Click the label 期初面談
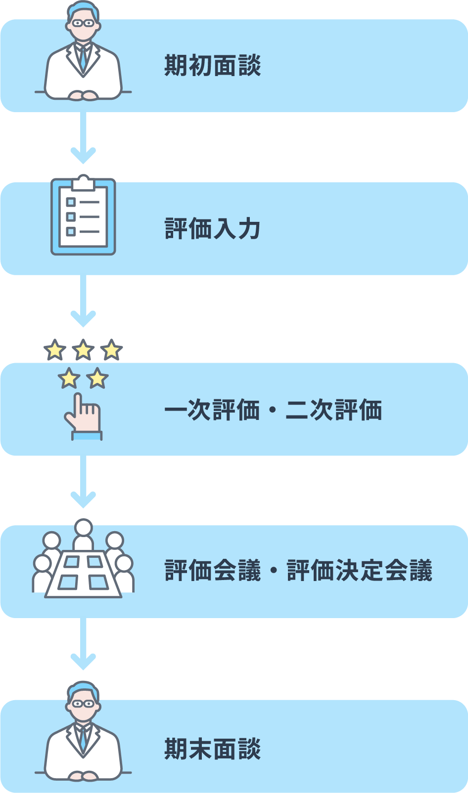[x=213, y=66]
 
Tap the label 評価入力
[x=213, y=229]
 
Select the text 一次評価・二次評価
[x=273, y=410]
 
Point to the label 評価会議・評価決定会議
[x=298, y=571]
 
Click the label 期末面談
[x=213, y=749]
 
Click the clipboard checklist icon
[x=83, y=217]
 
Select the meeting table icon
[x=83, y=576]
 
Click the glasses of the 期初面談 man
[x=83, y=23]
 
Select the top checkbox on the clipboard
[x=71, y=202]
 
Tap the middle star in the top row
[x=83, y=350]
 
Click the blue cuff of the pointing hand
[x=87, y=436]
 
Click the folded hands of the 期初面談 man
[x=83, y=95]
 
